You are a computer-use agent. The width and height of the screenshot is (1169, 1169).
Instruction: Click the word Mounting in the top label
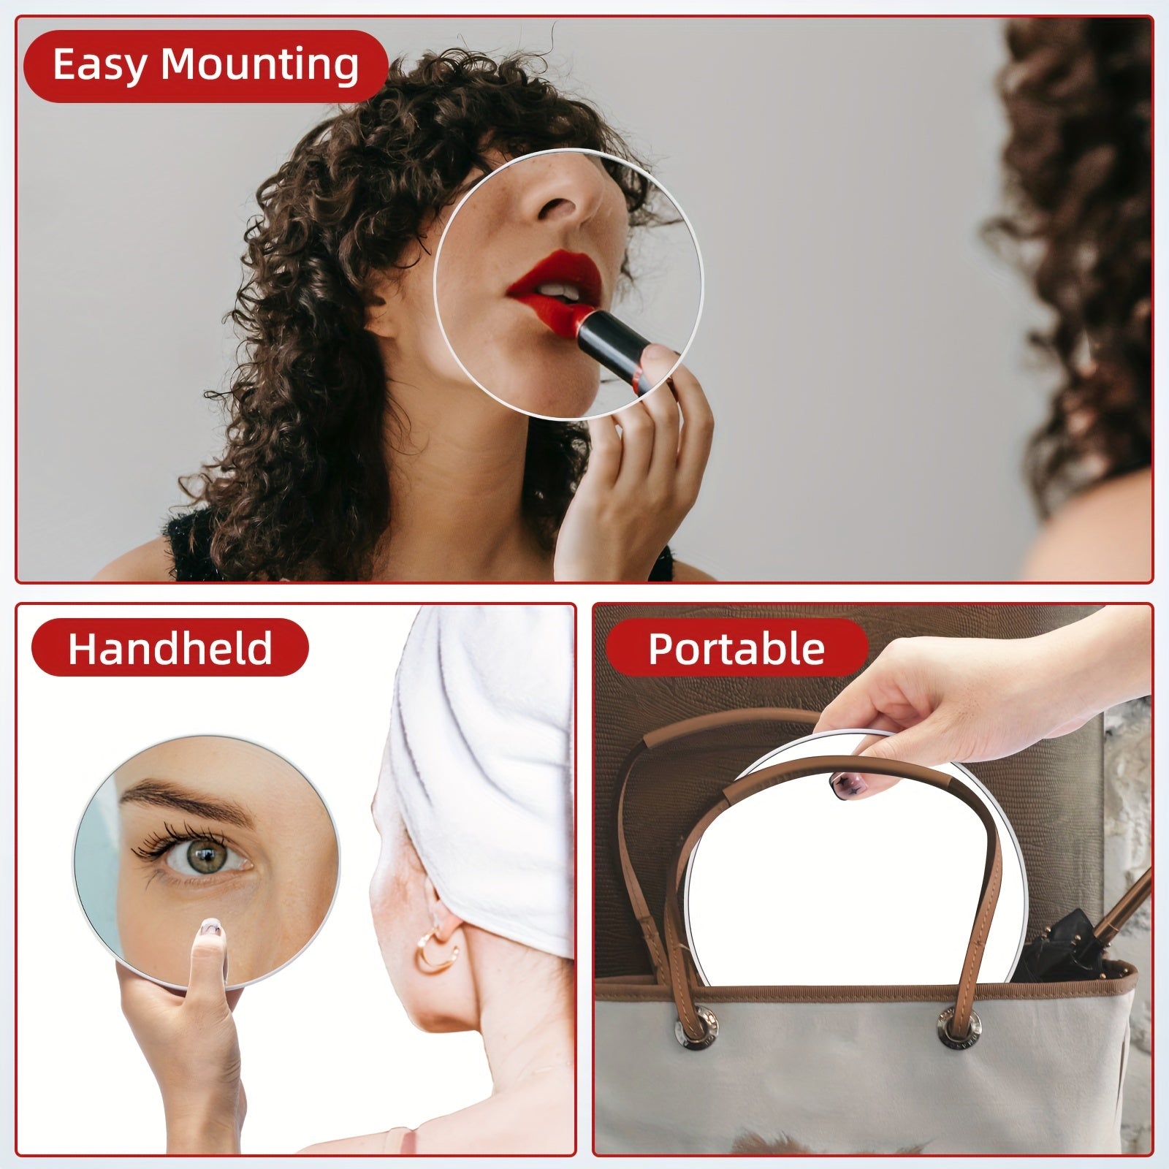(x=259, y=66)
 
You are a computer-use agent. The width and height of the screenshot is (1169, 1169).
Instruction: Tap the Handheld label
(x=170, y=647)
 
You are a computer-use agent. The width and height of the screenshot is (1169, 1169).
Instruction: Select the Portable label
(x=736, y=647)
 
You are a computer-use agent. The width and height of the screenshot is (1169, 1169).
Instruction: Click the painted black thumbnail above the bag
(x=842, y=785)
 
